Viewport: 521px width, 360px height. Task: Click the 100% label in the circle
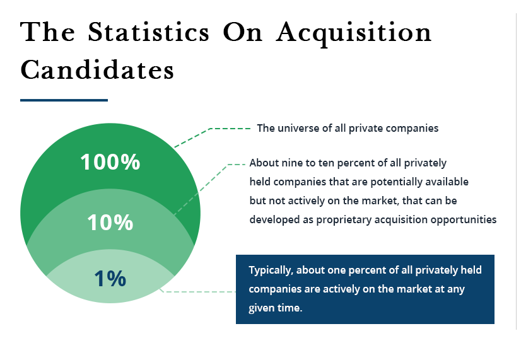110,162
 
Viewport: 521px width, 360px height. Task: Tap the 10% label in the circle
110,222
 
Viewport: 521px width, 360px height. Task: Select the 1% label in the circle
110,278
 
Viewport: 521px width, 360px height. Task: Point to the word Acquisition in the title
354,33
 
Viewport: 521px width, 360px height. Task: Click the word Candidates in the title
97,70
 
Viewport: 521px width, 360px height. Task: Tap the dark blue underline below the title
64,100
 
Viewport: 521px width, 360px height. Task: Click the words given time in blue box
276,309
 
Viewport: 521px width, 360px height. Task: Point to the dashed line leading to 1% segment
199,291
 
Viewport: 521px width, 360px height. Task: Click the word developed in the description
272,219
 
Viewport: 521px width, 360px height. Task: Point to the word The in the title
48,32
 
